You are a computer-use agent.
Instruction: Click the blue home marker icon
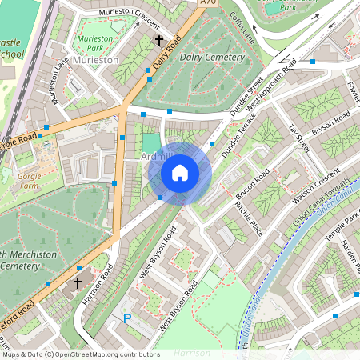coord(180,173)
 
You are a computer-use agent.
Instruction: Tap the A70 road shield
coord(208,4)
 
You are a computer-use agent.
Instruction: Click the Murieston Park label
coord(94,43)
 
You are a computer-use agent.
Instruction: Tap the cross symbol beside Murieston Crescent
coord(158,39)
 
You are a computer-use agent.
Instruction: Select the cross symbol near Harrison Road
coord(78,282)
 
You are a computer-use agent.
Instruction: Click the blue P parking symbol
coord(126,318)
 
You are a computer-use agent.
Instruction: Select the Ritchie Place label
coord(249,217)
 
